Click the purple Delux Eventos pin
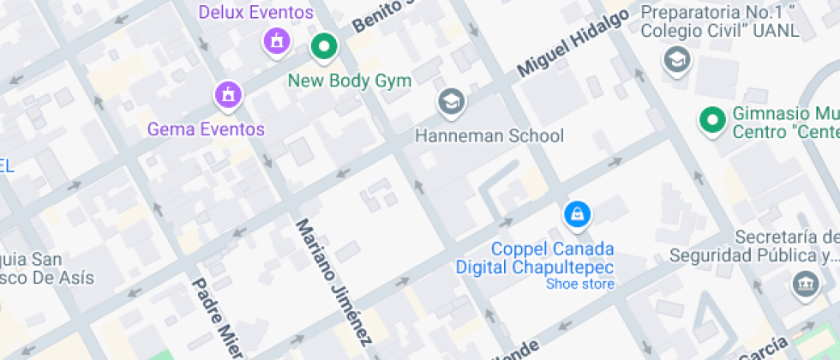(x=276, y=39)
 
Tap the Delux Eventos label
(x=255, y=13)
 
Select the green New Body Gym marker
(x=324, y=46)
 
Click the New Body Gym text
(x=350, y=81)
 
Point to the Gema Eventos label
(x=206, y=129)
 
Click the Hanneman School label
(x=489, y=135)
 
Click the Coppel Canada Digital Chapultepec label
(x=553, y=258)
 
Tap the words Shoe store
(x=580, y=284)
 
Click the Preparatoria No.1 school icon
(x=677, y=59)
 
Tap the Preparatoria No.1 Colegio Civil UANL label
(x=720, y=22)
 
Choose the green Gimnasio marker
(x=711, y=122)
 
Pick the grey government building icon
(x=806, y=284)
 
